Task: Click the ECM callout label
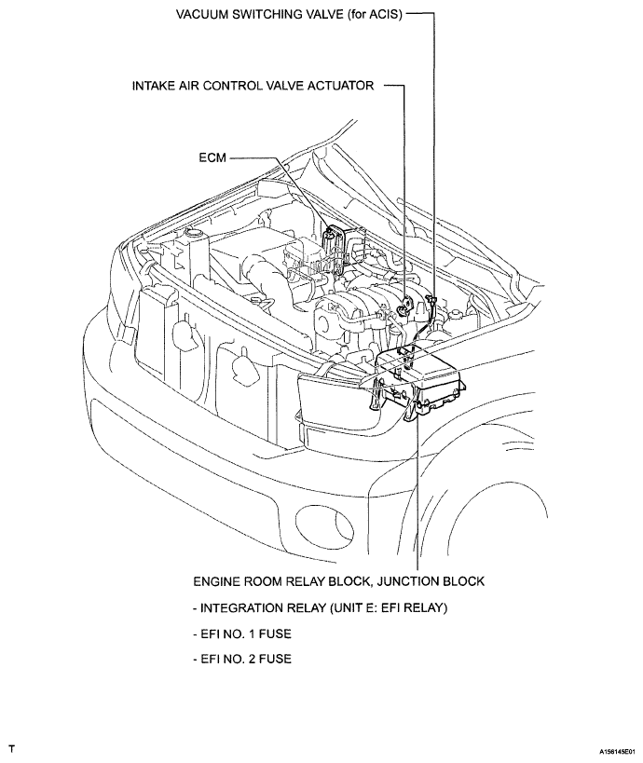pyautogui.click(x=212, y=157)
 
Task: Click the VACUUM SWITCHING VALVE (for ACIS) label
pyautogui.click(x=289, y=15)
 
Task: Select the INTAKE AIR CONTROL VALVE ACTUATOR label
pyautogui.click(x=253, y=86)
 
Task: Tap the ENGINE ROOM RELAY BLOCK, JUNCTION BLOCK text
pyautogui.click(x=339, y=581)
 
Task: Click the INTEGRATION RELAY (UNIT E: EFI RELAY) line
pyautogui.click(x=320, y=607)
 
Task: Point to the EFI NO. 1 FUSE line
pyautogui.click(x=242, y=634)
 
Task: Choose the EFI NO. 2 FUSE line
pyautogui.click(x=242, y=659)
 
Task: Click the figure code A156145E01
pyautogui.click(x=617, y=751)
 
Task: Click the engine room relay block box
pyautogui.click(x=418, y=381)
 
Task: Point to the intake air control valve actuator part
pyautogui.click(x=405, y=307)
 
